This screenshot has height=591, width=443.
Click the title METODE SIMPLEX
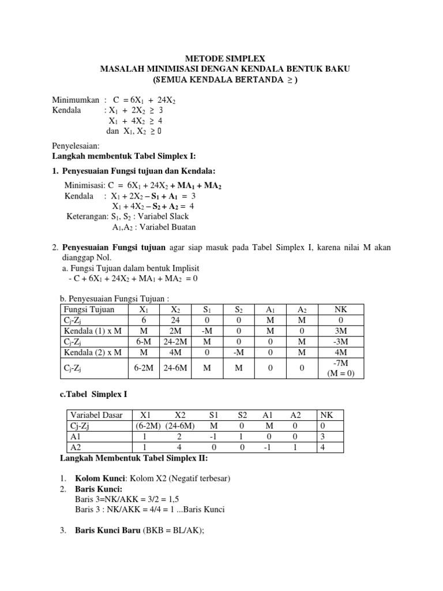click(225, 58)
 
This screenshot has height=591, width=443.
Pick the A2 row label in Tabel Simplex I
click(76, 447)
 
